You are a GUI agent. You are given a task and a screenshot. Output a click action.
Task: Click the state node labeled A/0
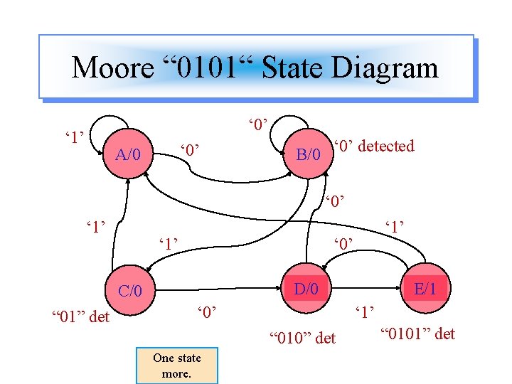tap(127, 154)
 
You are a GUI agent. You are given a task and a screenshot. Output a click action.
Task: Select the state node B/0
tap(307, 154)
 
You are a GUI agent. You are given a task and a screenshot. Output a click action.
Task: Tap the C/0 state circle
tap(129, 290)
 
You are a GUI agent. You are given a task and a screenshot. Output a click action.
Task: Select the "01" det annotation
tap(81, 316)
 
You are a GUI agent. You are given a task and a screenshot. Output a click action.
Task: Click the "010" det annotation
tap(302, 338)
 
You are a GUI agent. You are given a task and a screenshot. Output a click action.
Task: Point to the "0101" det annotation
tap(417, 334)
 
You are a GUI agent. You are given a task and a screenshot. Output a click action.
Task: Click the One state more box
tap(177, 366)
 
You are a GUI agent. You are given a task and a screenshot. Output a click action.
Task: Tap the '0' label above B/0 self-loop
tap(257, 125)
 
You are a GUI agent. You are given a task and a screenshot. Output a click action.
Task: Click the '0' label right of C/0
tap(206, 311)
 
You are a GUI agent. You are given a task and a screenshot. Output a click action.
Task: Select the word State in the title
tap(292, 68)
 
